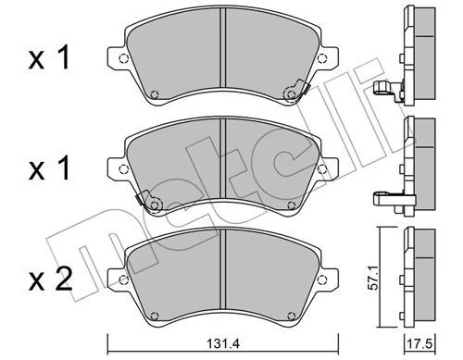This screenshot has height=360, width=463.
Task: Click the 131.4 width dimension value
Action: pos(223,343)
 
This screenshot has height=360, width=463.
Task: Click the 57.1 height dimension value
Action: pos(374,280)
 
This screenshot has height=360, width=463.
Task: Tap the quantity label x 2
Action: pos(50,279)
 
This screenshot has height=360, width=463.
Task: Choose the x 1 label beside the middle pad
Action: pos(49,168)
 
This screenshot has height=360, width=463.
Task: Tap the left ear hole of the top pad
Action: pos(123,58)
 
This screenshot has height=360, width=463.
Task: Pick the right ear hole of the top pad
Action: pos(322,58)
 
